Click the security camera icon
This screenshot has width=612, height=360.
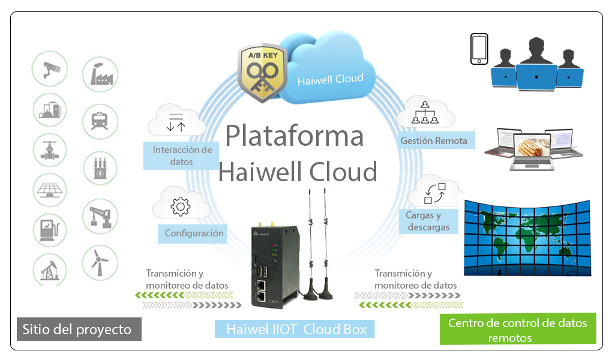[x=50, y=70]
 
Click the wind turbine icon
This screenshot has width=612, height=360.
[x=100, y=262]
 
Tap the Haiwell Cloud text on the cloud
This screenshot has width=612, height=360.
[x=330, y=79]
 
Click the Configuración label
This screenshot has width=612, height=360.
[x=194, y=233]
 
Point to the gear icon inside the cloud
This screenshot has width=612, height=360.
[x=180, y=206]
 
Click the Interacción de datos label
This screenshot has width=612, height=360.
[x=182, y=155]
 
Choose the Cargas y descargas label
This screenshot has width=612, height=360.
[x=428, y=221]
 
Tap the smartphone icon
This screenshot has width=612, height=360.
[x=479, y=49]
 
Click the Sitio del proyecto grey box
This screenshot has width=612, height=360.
[x=79, y=329]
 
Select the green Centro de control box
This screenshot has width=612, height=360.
[x=518, y=329]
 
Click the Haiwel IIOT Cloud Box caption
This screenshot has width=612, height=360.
[x=295, y=329]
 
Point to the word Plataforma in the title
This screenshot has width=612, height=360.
[x=295, y=136]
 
